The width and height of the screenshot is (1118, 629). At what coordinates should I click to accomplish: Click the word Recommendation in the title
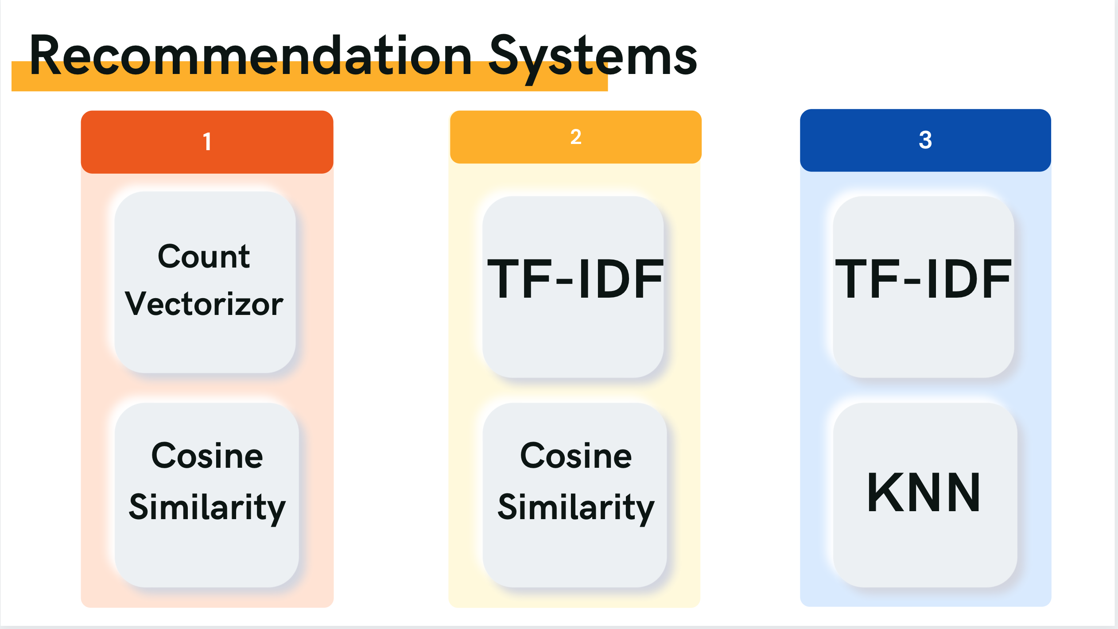[x=250, y=56]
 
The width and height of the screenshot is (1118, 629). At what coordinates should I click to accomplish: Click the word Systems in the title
[x=593, y=56]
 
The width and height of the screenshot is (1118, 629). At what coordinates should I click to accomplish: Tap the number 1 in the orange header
[x=207, y=142]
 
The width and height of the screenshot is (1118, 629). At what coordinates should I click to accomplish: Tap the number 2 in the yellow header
[x=575, y=137]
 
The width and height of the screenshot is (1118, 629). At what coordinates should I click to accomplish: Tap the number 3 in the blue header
[x=925, y=140]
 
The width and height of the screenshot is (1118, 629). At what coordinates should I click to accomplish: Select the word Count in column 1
[x=204, y=257]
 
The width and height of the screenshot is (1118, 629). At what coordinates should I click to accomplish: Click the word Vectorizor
[x=204, y=304]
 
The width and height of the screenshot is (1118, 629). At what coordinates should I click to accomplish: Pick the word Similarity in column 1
[x=207, y=507]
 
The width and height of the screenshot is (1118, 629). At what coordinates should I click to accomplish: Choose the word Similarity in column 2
[x=575, y=507]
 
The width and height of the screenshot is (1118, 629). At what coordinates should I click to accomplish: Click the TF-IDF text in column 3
[x=923, y=279]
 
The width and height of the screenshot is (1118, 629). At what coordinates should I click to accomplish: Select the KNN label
[x=924, y=492]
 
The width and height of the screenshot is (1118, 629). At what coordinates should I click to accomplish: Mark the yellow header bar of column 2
[x=642, y=137]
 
